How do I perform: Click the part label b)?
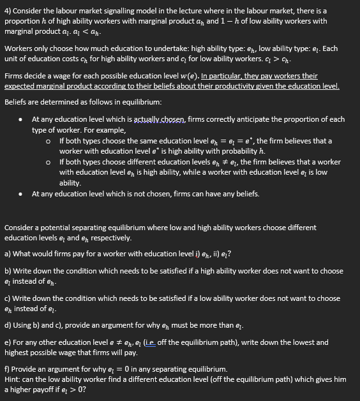coord(8,271)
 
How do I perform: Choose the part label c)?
coord(8,298)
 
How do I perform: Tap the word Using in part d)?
coord(24,325)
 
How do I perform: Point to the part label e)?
coord(8,342)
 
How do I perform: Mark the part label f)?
coord(8,369)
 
